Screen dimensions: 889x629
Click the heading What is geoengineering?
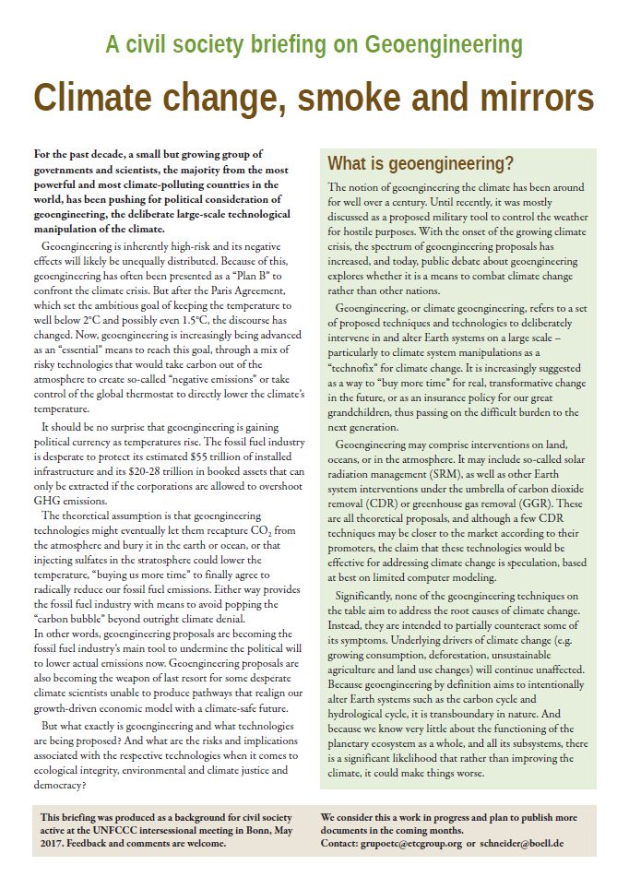click(x=420, y=164)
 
